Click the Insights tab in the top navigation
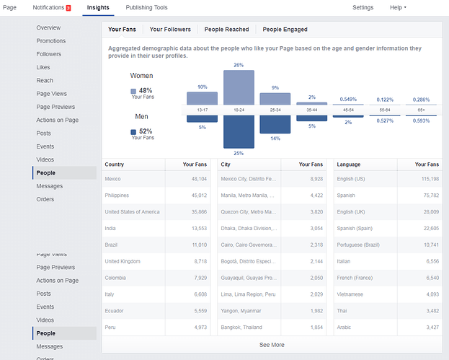click(x=97, y=7)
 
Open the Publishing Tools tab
click(x=146, y=7)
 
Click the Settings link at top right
click(x=363, y=7)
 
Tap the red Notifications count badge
click(x=68, y=8)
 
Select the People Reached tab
click(x=226, y=30)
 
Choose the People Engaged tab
click(x=285, y=30)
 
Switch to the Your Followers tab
click(x=170, y=30)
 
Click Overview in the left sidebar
click(x=48, y=27)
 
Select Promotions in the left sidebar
click(x=51, y=41)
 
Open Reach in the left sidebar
click(x=44, y=81)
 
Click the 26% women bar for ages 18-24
click(x=239, y=87)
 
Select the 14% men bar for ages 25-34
click(x=275, y=124)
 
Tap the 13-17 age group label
click(x=202, y=110)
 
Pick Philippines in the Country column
click(x=117, y=195)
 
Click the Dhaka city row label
click(x=248, y=228)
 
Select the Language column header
click(x=349, y=164)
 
